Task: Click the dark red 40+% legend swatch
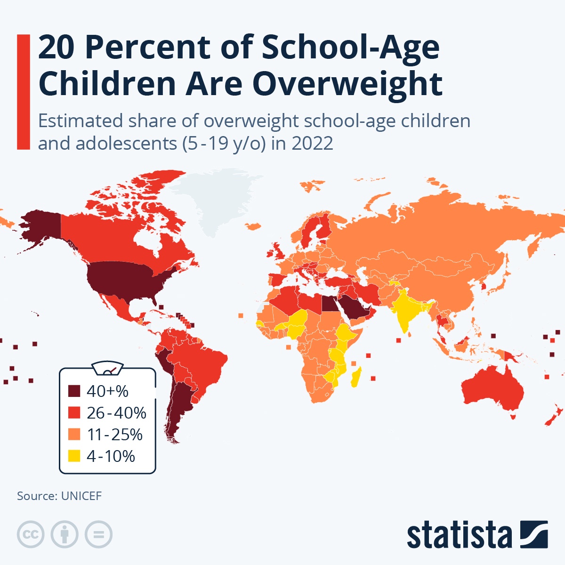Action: tap(74, 391)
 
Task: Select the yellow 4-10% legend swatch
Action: tap(74, 456)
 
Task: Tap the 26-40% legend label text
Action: tap(116, 413)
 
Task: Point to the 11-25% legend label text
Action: tap(114, 435)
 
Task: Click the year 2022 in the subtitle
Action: tap(312, 143)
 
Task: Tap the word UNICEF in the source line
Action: tap(81, 496)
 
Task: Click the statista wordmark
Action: tap(459, 535)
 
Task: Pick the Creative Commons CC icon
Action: tap(31, 534)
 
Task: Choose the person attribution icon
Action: tap(65, 534)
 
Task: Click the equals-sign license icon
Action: tap(98, 534)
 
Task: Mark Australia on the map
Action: tap(492, 391)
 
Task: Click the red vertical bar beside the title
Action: tap(24, 92)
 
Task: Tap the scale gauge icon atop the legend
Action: tap(108, 368)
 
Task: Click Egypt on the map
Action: tap(330, 305)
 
